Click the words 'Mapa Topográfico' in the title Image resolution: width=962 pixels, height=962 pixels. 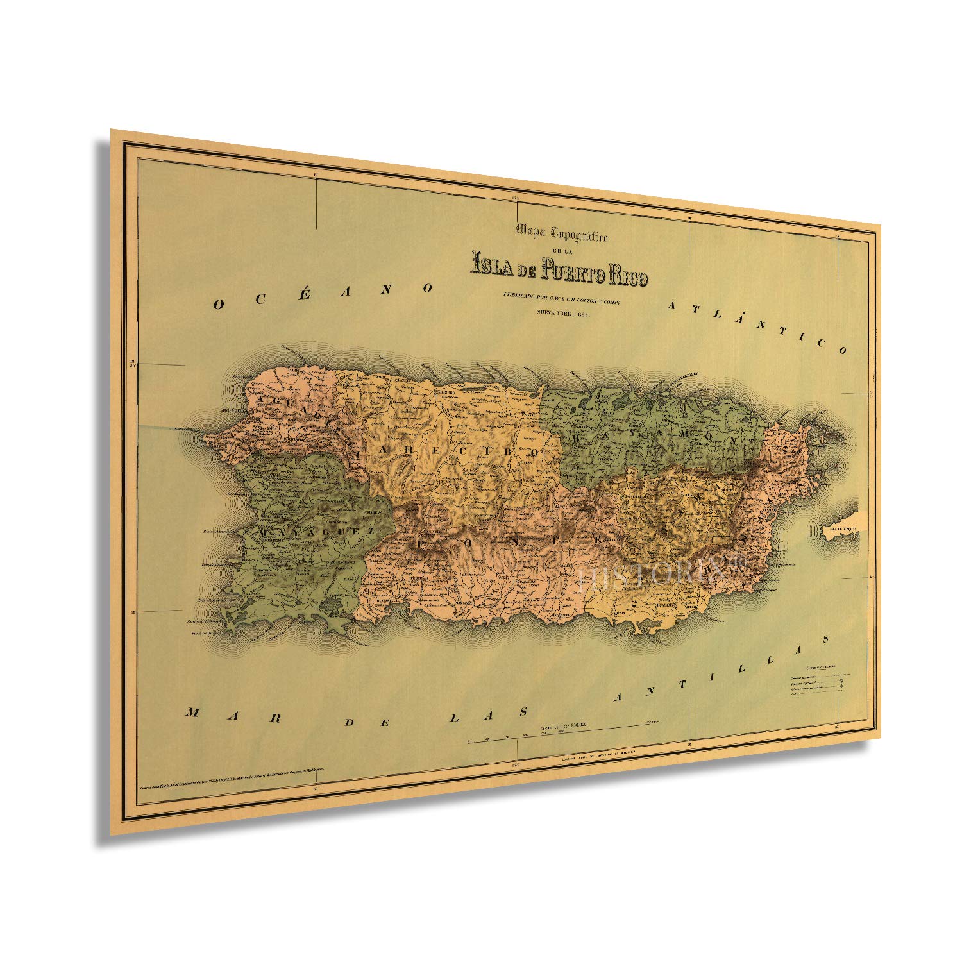click(x=562, y=233)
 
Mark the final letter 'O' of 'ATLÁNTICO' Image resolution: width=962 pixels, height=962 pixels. click(x=842, y=350)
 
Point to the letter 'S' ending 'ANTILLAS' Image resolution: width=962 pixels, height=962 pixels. click(x=827, y=639)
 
